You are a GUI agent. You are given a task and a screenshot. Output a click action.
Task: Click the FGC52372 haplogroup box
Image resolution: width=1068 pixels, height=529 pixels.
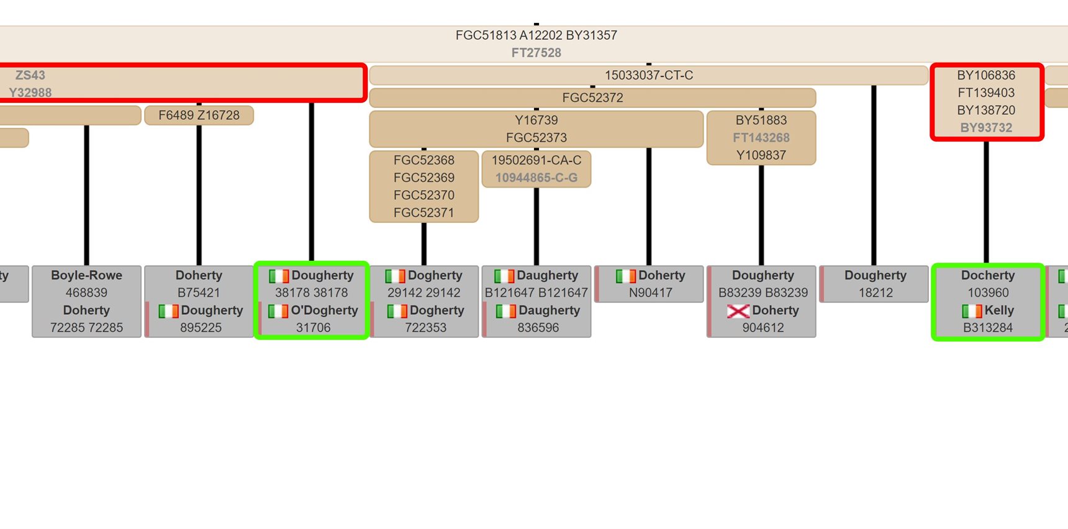point(592,97)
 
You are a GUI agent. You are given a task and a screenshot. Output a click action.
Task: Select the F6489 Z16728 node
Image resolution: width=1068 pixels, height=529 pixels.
point(199,115)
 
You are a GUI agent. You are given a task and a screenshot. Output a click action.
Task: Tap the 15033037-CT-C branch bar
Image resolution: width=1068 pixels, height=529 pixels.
point(648,75)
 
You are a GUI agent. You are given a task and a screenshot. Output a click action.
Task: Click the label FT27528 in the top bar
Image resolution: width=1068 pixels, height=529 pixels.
point(536,53)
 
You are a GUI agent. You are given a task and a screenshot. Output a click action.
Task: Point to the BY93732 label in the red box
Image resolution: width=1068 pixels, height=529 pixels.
point(986,128)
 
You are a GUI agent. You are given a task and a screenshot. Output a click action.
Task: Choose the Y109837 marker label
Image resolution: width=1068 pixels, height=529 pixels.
point(761,155)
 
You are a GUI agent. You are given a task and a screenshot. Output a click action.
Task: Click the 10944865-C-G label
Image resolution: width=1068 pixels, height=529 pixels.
point(536,178)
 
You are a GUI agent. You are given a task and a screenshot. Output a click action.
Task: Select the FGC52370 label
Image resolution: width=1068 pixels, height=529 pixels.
point(423,195)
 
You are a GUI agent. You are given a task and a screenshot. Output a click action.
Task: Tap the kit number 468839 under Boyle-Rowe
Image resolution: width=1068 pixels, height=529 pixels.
point(86,292)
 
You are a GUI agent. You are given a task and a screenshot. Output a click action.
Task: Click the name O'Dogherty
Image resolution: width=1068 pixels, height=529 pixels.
point(324,310)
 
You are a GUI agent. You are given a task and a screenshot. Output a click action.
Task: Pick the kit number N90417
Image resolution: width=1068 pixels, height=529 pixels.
point(650,292)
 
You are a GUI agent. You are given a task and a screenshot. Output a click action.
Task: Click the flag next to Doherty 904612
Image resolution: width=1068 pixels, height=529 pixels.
point(738,310)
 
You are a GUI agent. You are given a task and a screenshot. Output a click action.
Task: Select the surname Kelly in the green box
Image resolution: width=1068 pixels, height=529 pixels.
point(998,310)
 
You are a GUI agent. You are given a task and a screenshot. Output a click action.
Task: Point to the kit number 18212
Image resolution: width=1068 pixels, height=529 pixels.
point(875,292)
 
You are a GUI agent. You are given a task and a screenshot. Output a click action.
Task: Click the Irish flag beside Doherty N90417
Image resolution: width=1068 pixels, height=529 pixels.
point(625,276)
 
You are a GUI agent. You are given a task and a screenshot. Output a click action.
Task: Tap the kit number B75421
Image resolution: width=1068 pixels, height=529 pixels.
point(199,292)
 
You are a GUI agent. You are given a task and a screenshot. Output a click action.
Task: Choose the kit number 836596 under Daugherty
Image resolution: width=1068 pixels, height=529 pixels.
point(538,327)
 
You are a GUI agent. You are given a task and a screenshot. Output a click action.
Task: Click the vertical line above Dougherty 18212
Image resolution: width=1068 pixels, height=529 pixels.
point(874,174)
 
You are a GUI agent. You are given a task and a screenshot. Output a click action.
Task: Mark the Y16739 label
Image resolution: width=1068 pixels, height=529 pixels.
point(536,120)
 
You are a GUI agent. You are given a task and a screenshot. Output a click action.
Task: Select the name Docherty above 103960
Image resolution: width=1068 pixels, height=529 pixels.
point(987,275)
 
